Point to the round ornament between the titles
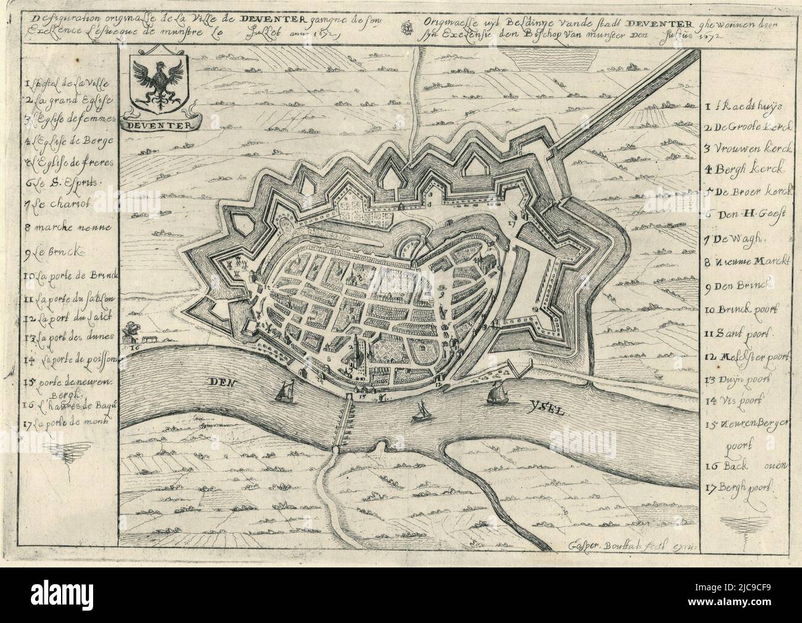click(x=406, y=27)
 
